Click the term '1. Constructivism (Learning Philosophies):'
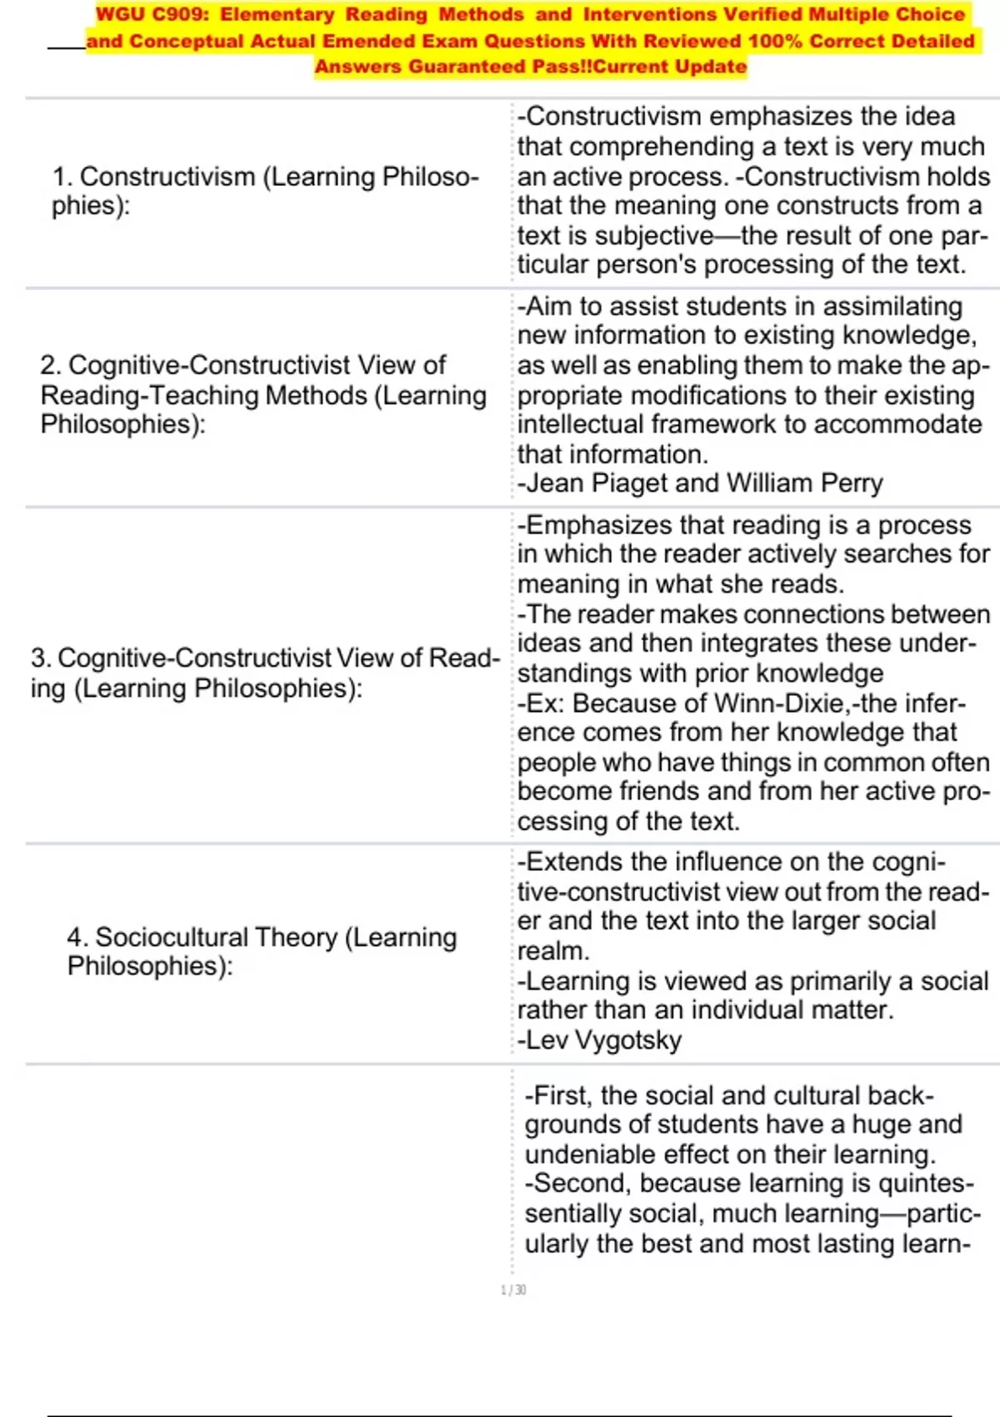click(x=265, y=191)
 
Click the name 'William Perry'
click(x=804, y=483)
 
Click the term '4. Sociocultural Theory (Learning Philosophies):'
click(x=262, y=951)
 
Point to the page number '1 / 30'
click(x=513, y=1290)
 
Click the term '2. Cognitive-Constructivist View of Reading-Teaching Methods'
click(x=263, y=394)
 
